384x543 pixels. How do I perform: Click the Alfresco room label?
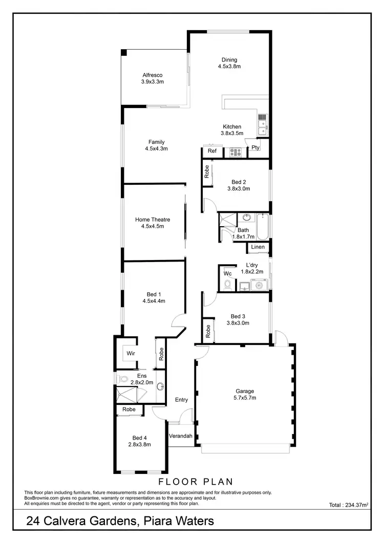[152, 75]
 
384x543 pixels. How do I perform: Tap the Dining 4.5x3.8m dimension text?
[229, 67]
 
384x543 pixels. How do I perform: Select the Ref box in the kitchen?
[212, 151]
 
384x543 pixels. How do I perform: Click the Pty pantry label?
[255, 148]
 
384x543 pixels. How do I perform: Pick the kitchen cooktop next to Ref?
[235, 151]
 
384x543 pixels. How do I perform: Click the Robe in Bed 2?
[207, 171]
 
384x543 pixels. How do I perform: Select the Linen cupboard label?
[258, 247]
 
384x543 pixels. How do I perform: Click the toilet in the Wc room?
[228, 284]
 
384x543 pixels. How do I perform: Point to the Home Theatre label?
[153, 220]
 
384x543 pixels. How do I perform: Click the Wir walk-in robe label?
[131, 354]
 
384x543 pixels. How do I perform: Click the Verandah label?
[180, 436]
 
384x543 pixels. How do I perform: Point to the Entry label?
[181, 400]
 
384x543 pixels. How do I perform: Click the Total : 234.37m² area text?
[348, 505]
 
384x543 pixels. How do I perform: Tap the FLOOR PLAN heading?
[196, 482]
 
